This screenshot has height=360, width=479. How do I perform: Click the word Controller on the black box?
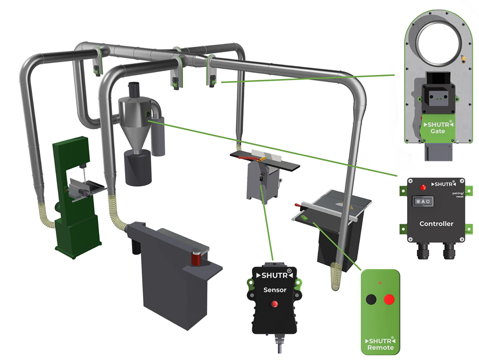436,224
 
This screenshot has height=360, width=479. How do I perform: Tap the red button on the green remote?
389,299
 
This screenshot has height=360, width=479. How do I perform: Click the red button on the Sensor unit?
275,304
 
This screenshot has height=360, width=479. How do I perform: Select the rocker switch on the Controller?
423,202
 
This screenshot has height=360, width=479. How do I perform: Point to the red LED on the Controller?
423,187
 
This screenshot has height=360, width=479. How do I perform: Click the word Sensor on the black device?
275,290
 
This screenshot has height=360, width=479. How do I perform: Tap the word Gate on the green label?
438,131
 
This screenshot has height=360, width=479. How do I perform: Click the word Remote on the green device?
381,347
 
